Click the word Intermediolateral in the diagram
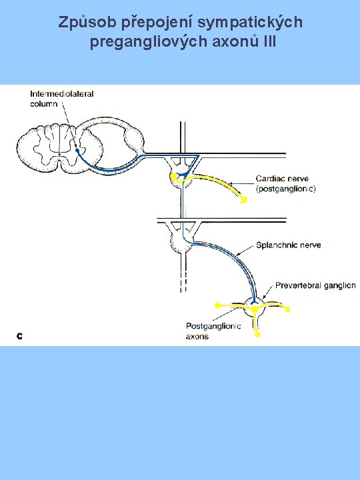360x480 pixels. point(61,94)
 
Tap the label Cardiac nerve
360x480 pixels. point(282,179)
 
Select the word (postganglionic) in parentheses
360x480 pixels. point(285,189)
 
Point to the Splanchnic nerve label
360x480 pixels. point(289,245)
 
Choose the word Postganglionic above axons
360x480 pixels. point(213,326)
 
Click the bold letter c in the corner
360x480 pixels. point(19,336)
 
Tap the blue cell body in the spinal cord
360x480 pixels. point(77,150)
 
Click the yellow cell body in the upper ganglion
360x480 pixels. point(173,176)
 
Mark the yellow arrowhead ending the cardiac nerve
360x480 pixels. point(244,200)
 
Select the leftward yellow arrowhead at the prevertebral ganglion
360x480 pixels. point(217,305)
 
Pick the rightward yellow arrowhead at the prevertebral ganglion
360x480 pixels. point(287,309)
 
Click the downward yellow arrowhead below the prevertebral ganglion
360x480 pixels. point(257,334)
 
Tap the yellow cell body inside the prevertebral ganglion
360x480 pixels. point(255,309)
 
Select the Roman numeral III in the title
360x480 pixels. point(269,41)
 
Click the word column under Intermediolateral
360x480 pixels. point(44,104)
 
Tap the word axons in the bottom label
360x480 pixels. point(197,337)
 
